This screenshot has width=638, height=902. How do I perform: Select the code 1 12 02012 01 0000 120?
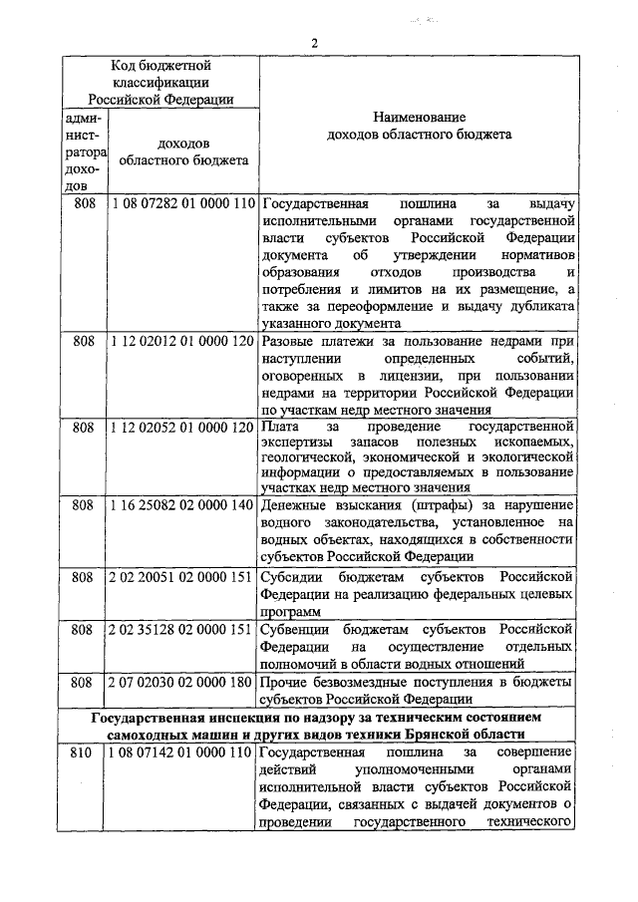[x=183, y=340]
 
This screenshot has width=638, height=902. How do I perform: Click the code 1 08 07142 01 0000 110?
[x=183, y=752]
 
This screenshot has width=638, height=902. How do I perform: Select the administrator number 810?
[x=84, y=752]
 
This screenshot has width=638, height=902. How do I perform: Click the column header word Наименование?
[x=417, y=117]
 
